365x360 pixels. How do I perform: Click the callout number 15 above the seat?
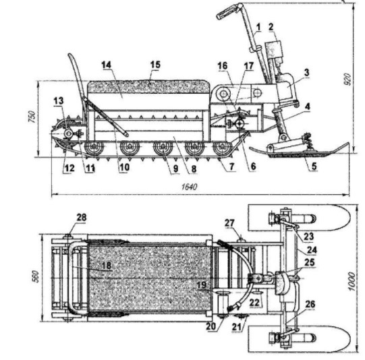point(155,65)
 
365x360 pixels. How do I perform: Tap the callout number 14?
point(107,65)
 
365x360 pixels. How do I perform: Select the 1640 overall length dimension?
point(189,187)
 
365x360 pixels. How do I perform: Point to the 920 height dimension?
point(347,80)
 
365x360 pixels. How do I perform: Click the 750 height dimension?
point(32,117)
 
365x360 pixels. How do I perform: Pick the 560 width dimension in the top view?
point(35,276)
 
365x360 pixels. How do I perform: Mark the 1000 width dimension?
point(352,281)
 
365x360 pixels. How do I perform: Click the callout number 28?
point(82,218)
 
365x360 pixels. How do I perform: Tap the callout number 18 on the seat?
point(107,266)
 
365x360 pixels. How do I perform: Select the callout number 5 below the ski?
point(314,166)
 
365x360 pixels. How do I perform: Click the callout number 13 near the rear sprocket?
point(59,101)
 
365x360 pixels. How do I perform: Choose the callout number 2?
point(271,27)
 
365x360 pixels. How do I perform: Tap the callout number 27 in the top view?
point(229,222)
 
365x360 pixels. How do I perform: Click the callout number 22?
point(254,303)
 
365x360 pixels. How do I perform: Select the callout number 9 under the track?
point(176,169)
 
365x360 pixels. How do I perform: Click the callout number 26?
point(310,304)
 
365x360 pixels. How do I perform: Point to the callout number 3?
point(307,72)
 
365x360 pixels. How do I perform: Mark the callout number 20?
point(211,326)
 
